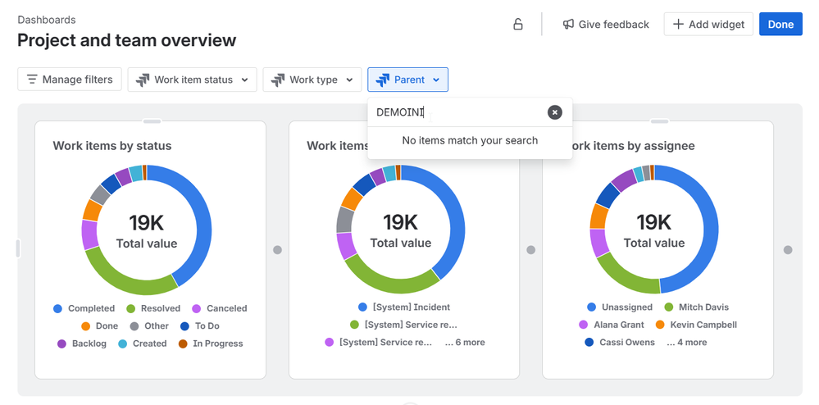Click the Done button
(780, 25)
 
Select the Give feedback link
(606, 25)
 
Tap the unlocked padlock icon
(518, 25)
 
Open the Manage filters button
(71, 80)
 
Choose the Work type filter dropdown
(312, 80)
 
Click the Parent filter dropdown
(408, 80)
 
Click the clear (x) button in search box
(555, 112)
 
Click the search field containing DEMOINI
(455, 112)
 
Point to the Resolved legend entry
(160, 308)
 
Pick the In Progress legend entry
(217, 344)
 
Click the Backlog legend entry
(89, 344)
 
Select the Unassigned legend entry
(626, 307)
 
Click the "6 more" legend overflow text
(465, 342)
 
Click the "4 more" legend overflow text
(687, 342)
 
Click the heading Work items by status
(112, 146)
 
